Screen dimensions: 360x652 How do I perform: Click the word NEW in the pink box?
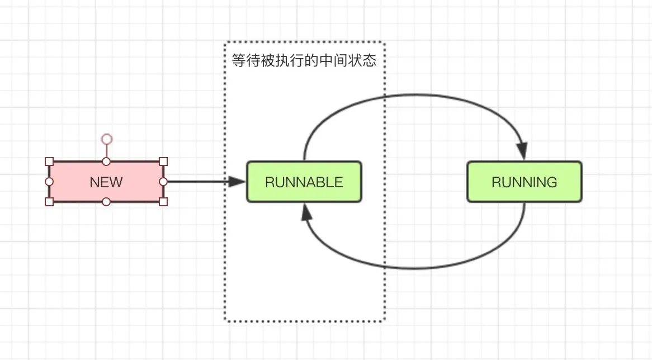point(106,182)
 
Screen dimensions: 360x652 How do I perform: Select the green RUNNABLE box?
point(304,182)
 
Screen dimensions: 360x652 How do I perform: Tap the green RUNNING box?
point(524,182)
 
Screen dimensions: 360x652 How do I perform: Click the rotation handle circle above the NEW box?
point(106,139)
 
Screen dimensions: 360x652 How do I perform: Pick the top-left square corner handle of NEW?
point(49,162)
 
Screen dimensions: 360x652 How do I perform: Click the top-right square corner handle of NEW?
point(163,162)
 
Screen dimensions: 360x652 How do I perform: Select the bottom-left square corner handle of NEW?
point(49,202)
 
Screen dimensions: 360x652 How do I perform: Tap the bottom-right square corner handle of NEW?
point(163,202)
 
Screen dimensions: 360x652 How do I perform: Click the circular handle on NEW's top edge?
point(106,162)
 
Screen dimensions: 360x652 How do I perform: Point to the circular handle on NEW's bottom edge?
point(106,202)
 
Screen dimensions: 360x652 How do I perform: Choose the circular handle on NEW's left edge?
point(49,182)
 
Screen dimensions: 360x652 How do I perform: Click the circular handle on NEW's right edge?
point(163,182)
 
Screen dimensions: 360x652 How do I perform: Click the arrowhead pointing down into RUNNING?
point(522,151)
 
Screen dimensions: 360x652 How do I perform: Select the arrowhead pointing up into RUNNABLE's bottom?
point(305,211)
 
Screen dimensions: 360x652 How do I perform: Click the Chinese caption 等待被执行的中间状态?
point(304,60)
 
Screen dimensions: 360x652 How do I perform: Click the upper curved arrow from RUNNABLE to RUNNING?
point(414,95)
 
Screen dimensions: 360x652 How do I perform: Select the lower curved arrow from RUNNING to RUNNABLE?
point(414,268)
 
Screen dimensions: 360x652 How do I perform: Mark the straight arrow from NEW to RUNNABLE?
point(201,181)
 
